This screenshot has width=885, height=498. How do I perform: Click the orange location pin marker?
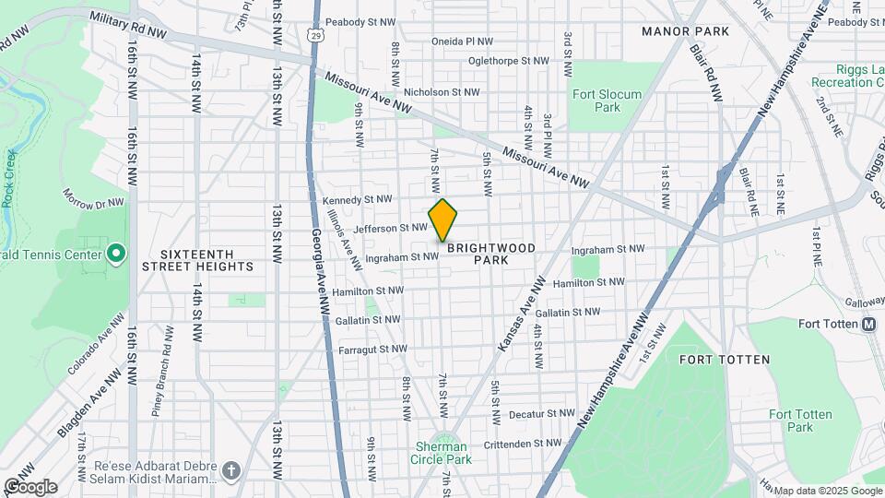coord(442,219)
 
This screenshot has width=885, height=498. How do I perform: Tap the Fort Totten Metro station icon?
coord(868,324)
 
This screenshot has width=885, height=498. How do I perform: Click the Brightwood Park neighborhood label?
coord(478,255)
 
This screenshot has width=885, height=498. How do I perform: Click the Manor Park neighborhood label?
coord(684,31)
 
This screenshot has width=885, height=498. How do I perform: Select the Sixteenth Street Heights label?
coord(197,260)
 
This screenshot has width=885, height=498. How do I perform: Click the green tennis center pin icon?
coord(116,253)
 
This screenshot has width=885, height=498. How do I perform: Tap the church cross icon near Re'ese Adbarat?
coord(230,470)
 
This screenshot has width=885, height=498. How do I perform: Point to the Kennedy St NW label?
coord(358,199)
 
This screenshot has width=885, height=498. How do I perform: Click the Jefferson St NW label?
coord(391,227)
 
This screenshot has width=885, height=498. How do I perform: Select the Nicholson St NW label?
coord(442,92)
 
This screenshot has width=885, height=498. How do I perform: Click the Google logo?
coord(30,487)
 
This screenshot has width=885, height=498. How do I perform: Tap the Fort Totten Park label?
coord(791,421)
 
